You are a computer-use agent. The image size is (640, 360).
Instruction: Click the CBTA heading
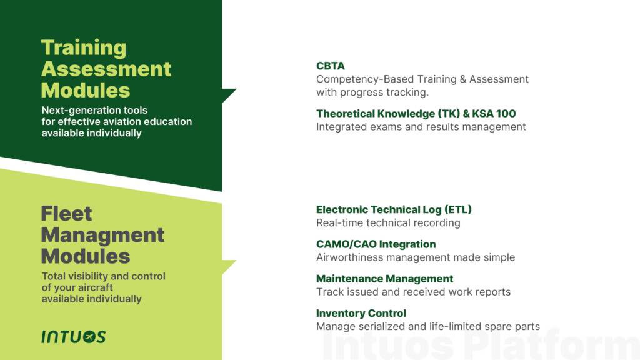pyautogui.click(x=330, y=66)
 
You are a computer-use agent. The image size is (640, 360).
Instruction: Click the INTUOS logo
pyautogui.click(x=74, y=337)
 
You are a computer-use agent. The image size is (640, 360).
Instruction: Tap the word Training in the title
pyautogui.click(x=84, y=48)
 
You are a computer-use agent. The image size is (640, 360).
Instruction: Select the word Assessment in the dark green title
pyautogui.click(x=106, y=69)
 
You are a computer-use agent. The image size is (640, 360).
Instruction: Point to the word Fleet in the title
pyautogui.click(x=66, y=214)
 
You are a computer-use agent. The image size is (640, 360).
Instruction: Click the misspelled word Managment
pyautogui.click(x=102, y=235)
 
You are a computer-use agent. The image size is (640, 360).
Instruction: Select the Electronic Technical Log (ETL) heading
pyautogui.click(x=394, y=210)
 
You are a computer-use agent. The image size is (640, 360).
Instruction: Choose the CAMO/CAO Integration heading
pyautogui.click(x=376, y=244)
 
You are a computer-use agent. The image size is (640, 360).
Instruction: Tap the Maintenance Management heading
pyautogui.click(x=384, y=279)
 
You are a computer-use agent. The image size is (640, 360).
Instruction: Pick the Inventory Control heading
pyautogui.click(x=361, y=313)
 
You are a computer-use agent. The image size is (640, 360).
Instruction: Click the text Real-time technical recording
pyautogui.click(x=388, y=223)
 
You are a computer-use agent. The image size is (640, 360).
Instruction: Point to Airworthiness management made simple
pyautogui.click(x=416, y=257)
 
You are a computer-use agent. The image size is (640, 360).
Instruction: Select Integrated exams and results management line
pyautogui.click(x=421, y=127)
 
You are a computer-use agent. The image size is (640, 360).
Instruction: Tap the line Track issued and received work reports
pyautogui.click(x=413, y=292)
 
